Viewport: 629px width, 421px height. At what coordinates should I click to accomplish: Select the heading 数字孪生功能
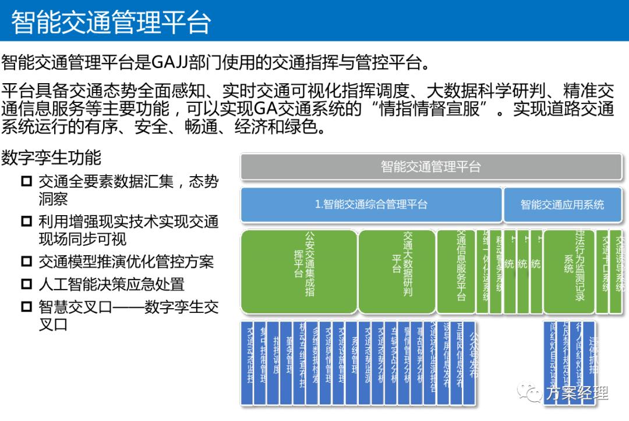coord(51,157)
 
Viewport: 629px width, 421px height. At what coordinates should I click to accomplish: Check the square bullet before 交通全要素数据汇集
coord(26,181)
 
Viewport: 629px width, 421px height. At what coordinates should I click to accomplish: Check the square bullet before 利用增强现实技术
coord(26,222)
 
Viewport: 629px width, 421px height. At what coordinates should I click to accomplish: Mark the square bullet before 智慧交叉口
coord(26,306)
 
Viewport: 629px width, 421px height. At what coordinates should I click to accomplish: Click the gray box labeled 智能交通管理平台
coord(431,167)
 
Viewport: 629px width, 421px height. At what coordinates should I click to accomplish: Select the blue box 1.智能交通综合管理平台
coord(371,204)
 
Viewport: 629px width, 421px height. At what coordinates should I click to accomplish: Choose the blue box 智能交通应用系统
coord(562,204)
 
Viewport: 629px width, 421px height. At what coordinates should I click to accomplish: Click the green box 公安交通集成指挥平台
coord(299,272)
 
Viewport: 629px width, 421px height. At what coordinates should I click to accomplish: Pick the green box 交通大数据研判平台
coord(397,272)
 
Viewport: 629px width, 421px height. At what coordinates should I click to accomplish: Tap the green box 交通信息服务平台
coord(455,272)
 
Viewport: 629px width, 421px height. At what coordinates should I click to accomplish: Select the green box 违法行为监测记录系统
coord(568,272)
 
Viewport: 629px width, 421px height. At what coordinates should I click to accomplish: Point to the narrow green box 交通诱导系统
coord(619,272)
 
